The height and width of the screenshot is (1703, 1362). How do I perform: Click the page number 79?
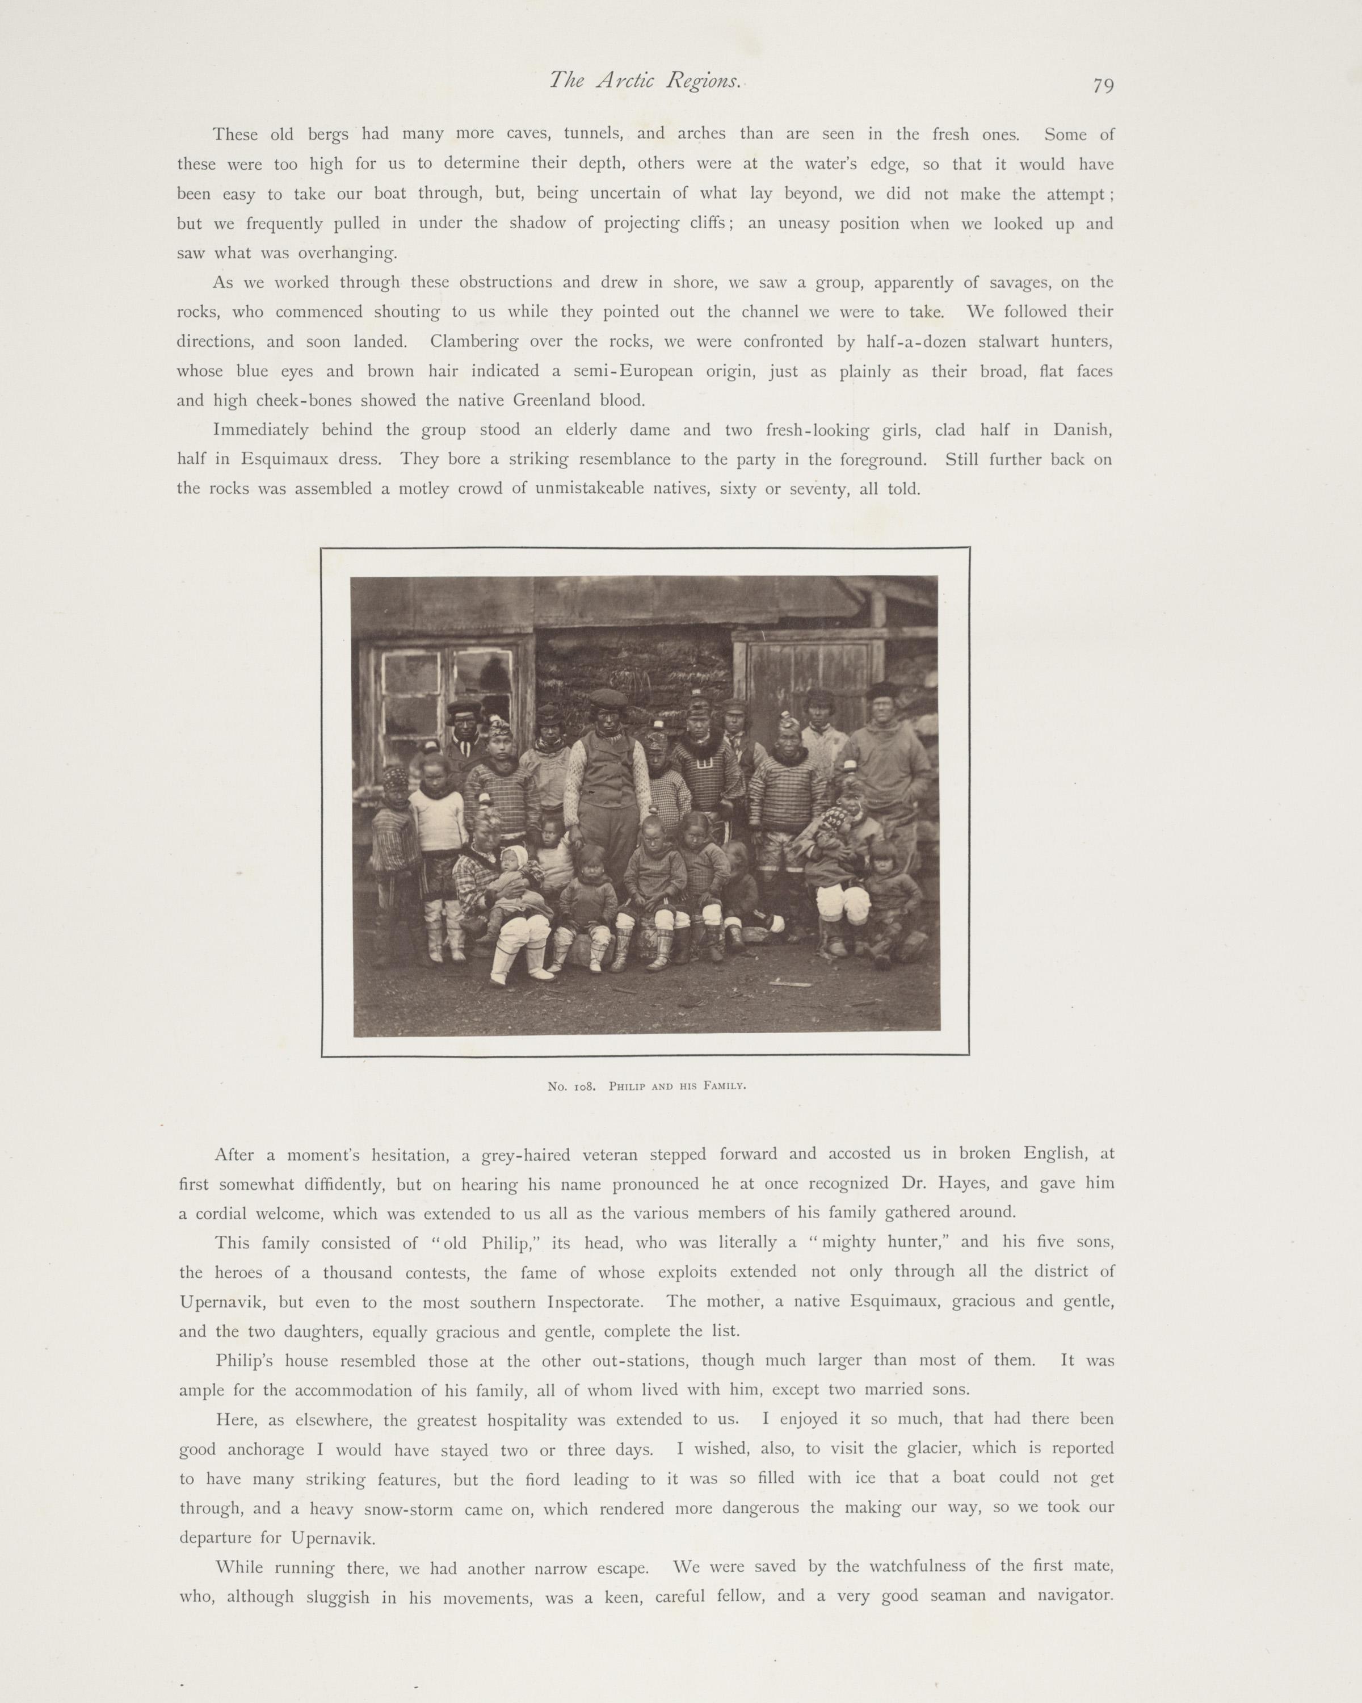1103,85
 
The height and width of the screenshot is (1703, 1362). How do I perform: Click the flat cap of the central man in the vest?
607,698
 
